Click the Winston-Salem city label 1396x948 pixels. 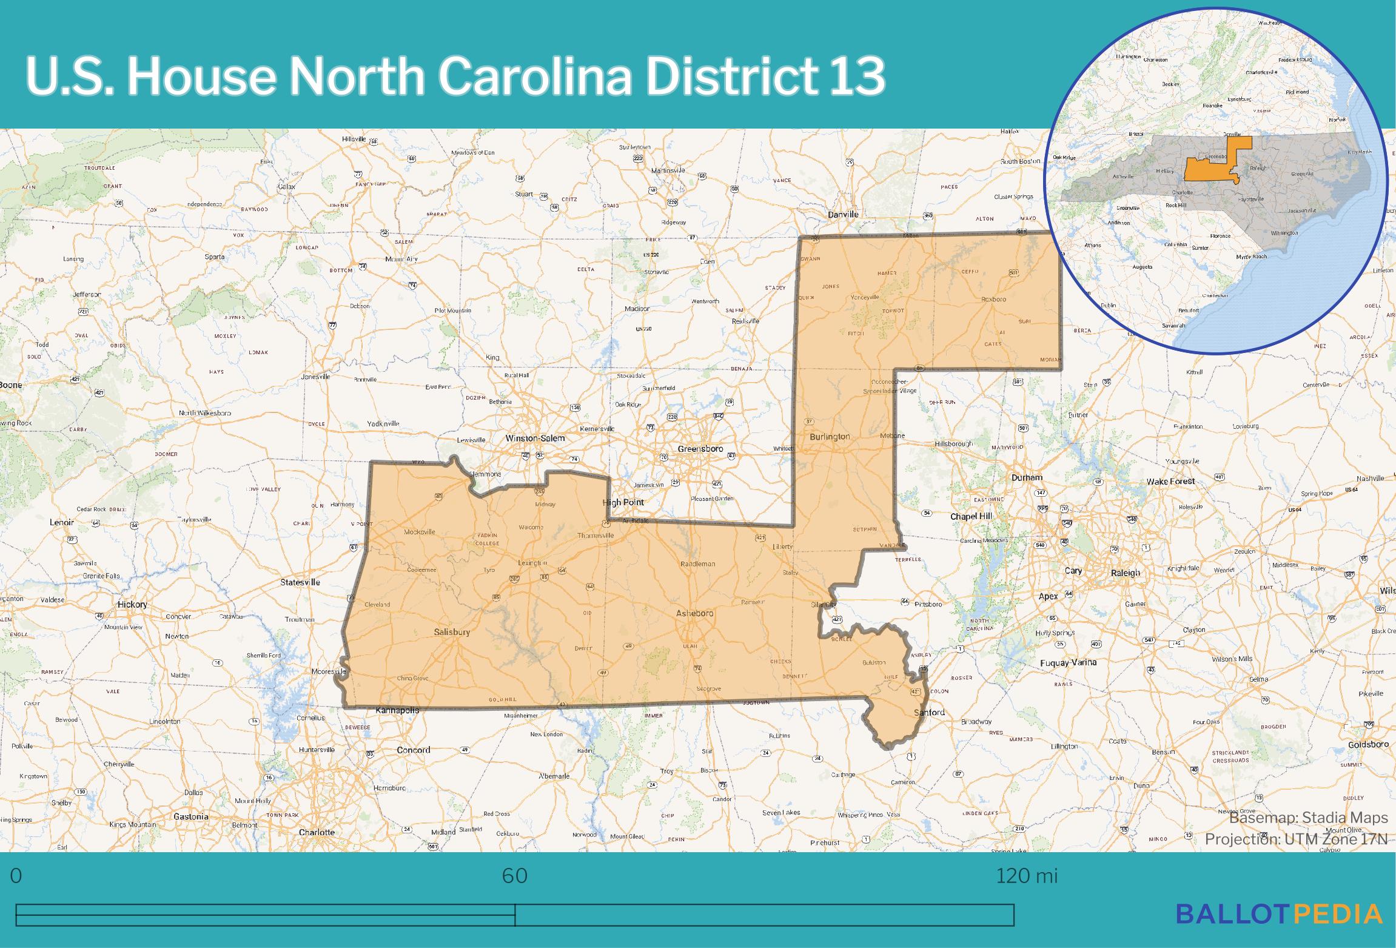pyautogui.click(x=535, y=438)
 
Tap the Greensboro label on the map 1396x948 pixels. pyautogui.click(x=700, y=449)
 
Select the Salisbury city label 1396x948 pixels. pyautogui.click(x=452, y=632)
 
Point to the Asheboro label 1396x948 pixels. pyautogui.click(x=694, y=613)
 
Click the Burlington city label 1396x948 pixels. pyautogui.click(x=830, y=437)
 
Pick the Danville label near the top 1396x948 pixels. pyautogui.click(x=843, y=214)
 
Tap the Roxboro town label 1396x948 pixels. pyautogui.click(x=993, y=299)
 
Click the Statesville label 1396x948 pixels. pyautogui.click(x=300, y=582)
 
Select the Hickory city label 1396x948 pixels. pyautogui.click(x=132, y=604)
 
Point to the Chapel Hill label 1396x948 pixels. pyautogui.click(x=971, y=516)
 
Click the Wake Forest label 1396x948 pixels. pyautogui.click(x=1170, y=482)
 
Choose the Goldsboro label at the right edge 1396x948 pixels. pyautogui.click(x=1368, y=744)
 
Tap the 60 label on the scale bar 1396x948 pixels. pyautogui.click(x=514, y=876)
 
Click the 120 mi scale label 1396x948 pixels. pyautogui.click(x=1027, y=876)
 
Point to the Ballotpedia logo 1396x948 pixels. pyautogui.click(x=1279, y=913)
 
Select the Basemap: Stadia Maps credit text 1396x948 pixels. pyautogui.click(x=1308, y=818)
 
